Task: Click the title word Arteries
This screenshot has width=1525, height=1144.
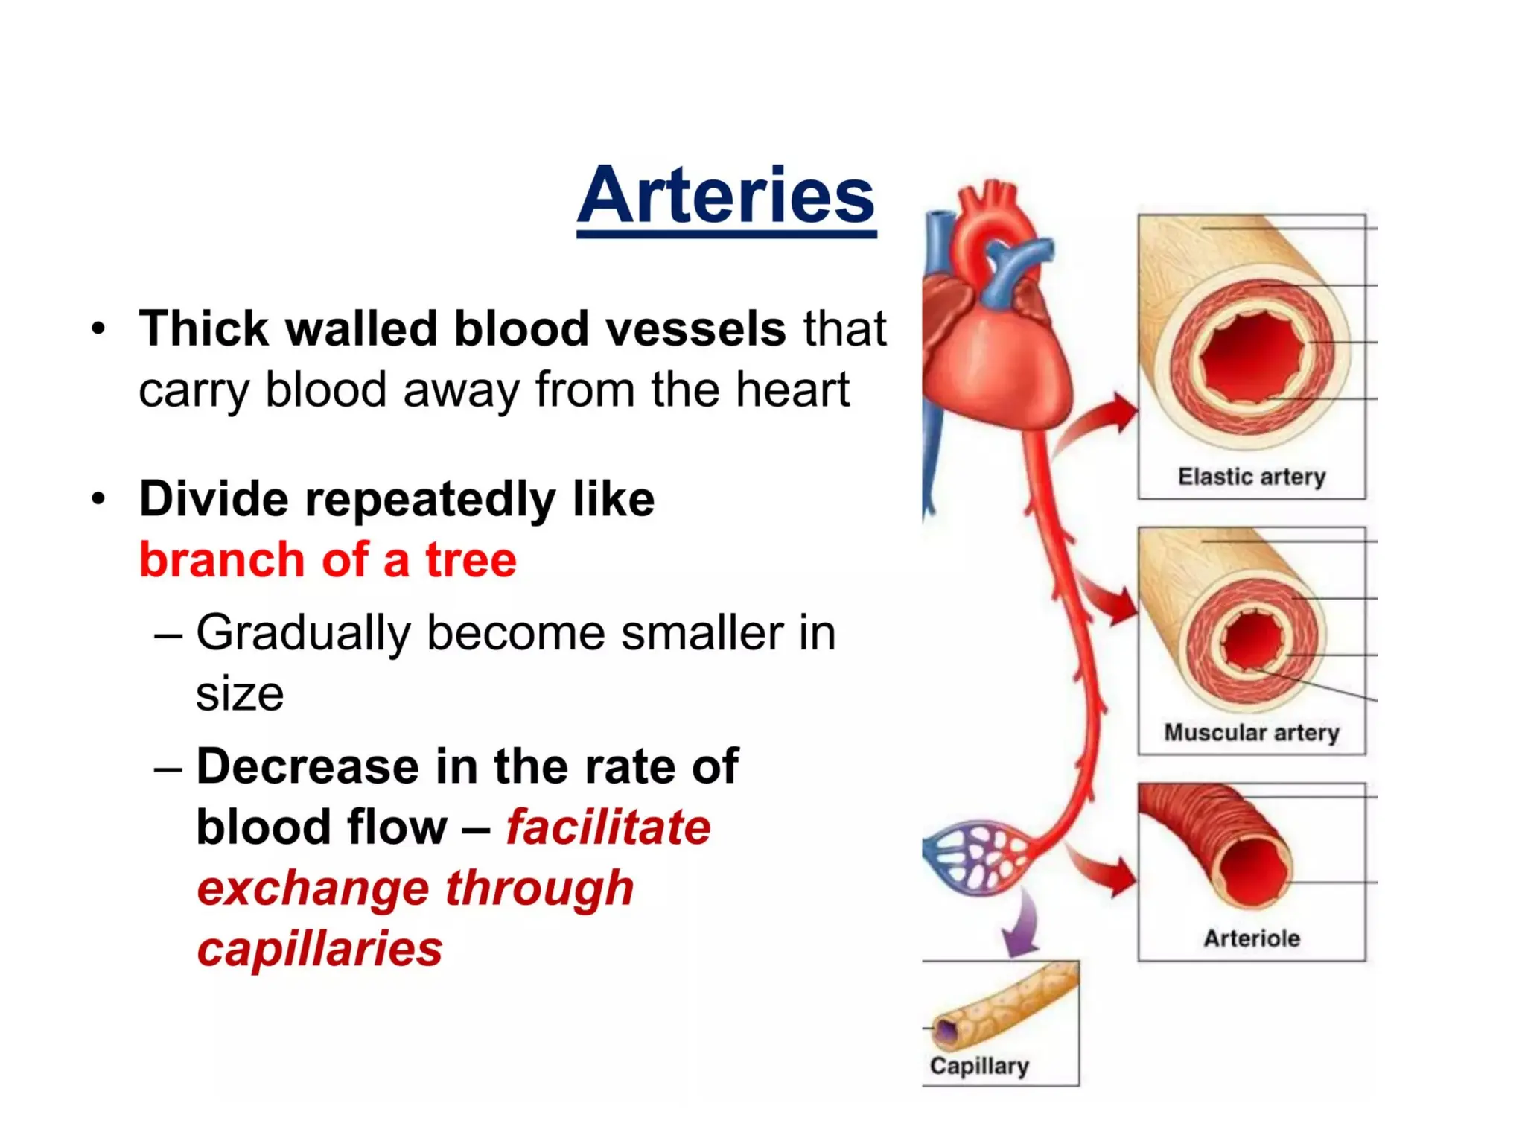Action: coord(726,195)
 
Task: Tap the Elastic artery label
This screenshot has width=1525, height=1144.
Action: coord(1252,476)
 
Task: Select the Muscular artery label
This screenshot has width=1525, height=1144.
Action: coord(1252,732)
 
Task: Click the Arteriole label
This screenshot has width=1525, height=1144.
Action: coord(1252,938)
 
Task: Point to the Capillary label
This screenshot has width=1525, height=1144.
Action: coord(979,1066)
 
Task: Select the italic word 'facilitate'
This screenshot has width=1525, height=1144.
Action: coord(608,827)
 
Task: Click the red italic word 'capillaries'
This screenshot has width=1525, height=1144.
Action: coord(320,949)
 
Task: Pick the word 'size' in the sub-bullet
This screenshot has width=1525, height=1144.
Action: coord(240,693)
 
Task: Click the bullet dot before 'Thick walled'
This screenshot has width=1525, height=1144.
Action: coord(98,328)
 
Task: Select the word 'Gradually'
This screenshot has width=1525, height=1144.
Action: coord(303,633)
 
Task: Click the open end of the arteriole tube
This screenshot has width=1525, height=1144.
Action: coord(1255,871)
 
